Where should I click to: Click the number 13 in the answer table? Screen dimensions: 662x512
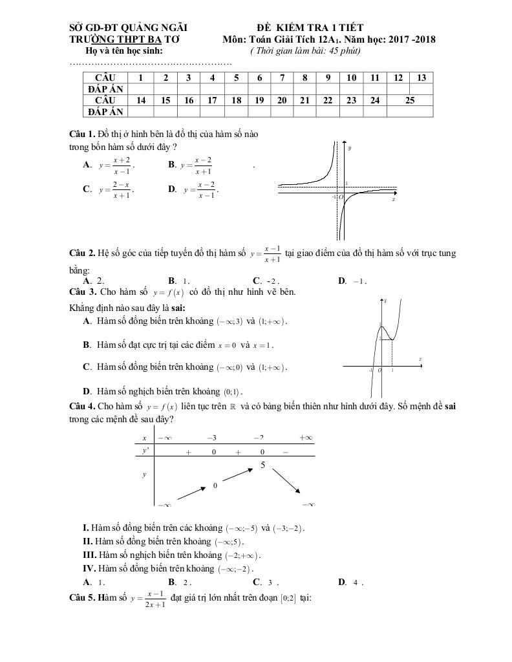421,78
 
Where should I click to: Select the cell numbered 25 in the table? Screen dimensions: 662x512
410,100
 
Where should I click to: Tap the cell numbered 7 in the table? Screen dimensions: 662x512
282,78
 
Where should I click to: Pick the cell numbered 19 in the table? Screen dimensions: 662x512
259,100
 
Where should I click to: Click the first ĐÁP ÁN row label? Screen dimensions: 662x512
105,89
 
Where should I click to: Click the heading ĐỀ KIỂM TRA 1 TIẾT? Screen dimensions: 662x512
310,27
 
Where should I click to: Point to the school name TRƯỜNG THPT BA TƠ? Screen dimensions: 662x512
125,39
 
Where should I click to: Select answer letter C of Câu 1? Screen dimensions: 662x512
87,189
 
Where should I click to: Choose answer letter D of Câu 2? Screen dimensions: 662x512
342,281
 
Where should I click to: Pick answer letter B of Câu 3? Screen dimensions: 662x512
87,345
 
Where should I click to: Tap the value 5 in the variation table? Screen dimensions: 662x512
263,465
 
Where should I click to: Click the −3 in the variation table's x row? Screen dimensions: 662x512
211,438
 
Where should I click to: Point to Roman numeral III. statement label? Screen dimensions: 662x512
90,555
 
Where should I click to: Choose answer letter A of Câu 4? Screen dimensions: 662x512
87,581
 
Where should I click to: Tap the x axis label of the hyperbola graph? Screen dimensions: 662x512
394,200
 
